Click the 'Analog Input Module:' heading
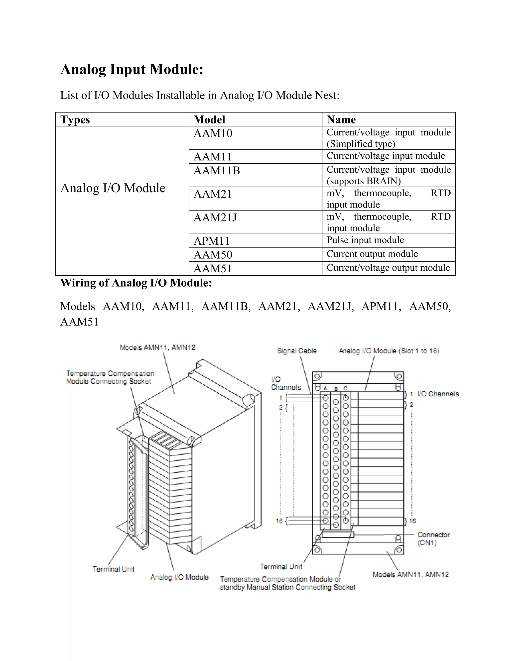[x=132, y=69]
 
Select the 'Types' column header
[x=75, y=119]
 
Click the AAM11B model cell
[x=217, y=171]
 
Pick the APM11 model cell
[x=212, y=241]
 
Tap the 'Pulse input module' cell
[x=365, y=240]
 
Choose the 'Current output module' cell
[x=372, y=254]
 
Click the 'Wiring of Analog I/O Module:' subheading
[x=136, y=283]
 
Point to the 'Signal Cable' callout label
[x=297, y=351]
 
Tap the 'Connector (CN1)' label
[x=433, y=539]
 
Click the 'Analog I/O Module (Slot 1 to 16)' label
[x=389, y=351]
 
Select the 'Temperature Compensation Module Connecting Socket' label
[x=110, y=377]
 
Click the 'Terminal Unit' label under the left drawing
[x=113, y=569]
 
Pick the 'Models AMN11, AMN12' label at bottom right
[x=410, y=574]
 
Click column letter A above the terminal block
[x=325, y=388]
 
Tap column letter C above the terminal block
[x=345, y=388]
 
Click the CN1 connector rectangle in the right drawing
[x=338, y=535]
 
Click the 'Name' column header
[x=341, y=119]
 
